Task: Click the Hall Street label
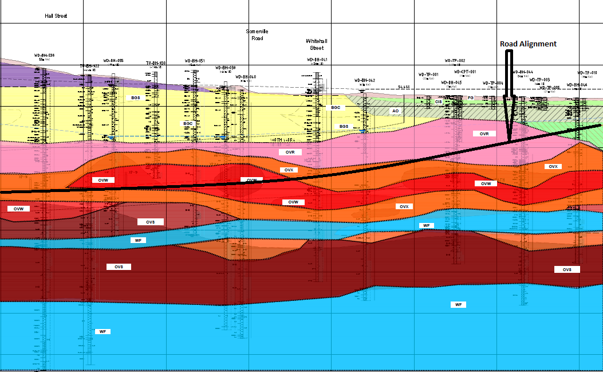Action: pos(56,16)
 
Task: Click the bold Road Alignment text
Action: pos(528,44)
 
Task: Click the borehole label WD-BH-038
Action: pos(44,56)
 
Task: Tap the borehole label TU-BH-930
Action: pos(156,63)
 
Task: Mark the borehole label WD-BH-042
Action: pos(365,80)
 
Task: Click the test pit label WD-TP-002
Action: pos(455,60)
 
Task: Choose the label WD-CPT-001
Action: pos(465,72)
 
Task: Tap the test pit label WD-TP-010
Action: pos(588,73)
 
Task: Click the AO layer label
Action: pos(395,111)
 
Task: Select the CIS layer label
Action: pos(439,101)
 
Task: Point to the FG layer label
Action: pos(471,98)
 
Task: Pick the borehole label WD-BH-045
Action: pos(451,83)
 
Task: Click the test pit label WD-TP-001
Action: pos(428,75)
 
